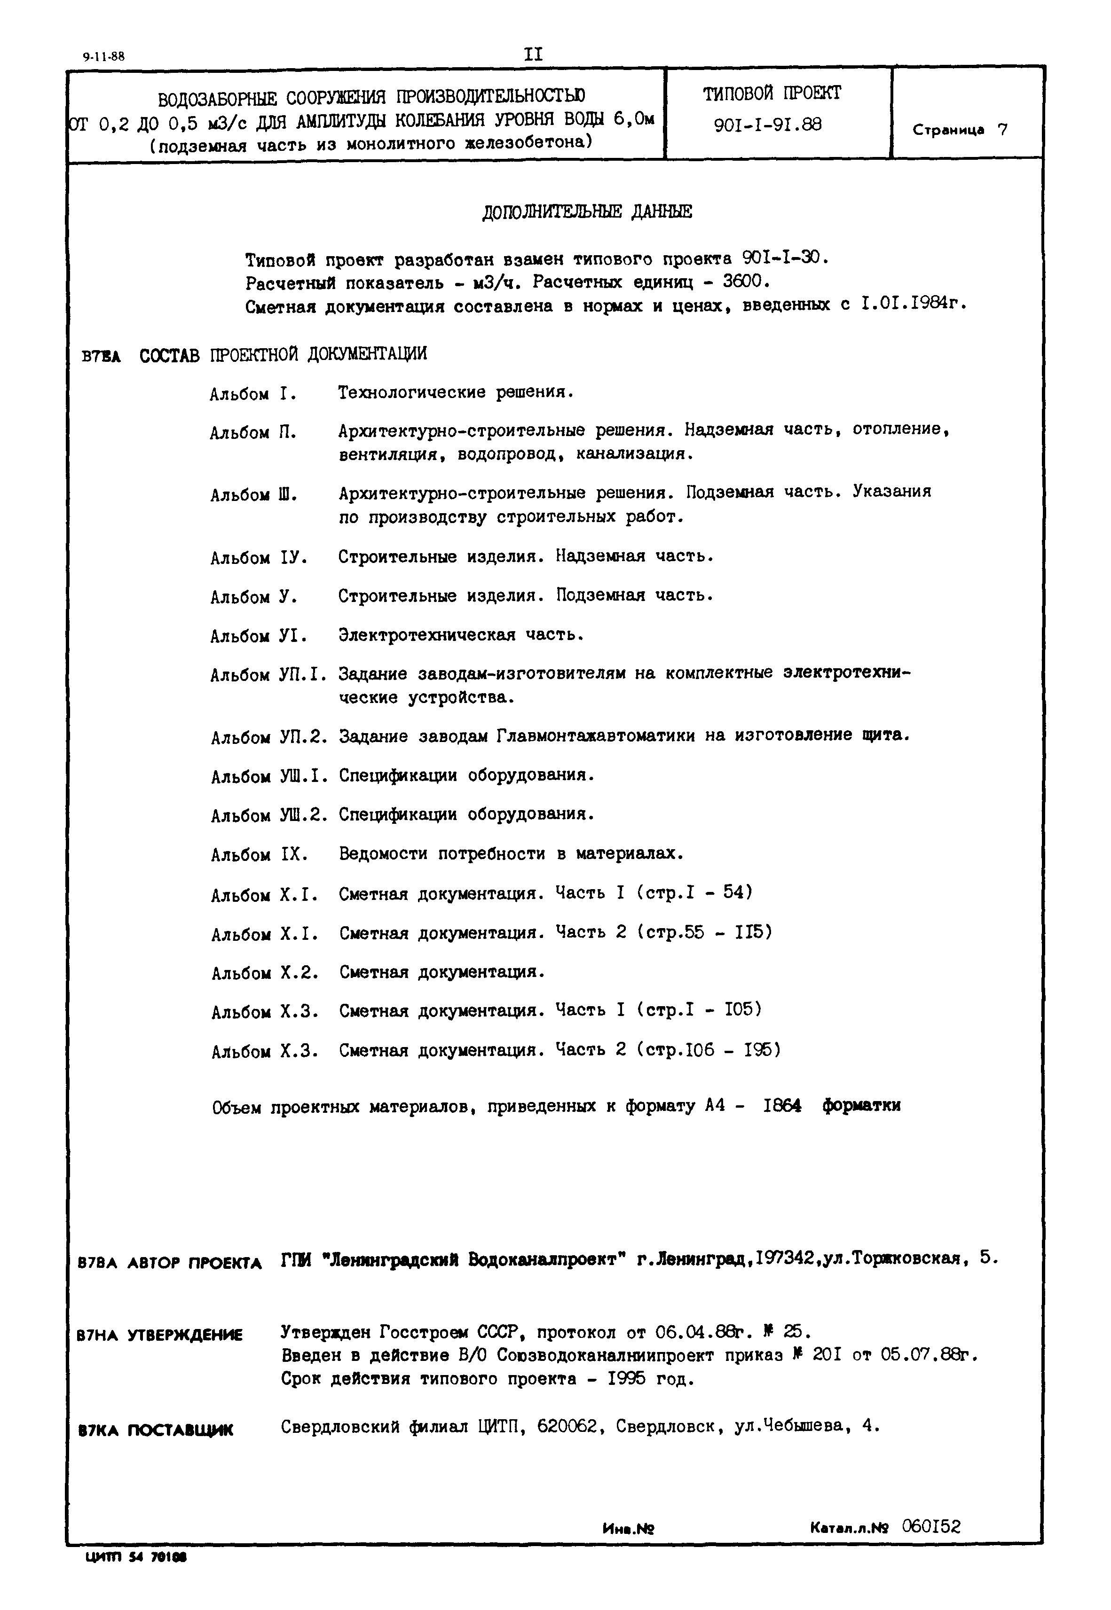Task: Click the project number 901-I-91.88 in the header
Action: click(x=768, y=125)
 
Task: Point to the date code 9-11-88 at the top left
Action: click(x=103, y=57)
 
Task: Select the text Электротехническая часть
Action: click(x=460, y=635)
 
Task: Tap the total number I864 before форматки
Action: click(x=782, y=1106)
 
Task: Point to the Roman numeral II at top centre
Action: click(x=533, y=54)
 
